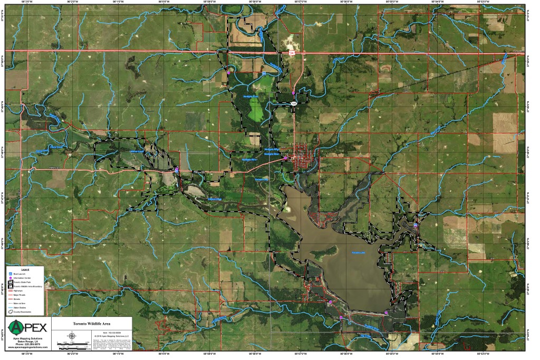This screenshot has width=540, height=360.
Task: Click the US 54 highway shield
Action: point(292,53)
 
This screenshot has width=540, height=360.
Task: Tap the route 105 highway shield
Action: point(294,104)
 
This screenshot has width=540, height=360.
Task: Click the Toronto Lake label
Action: point(359,253)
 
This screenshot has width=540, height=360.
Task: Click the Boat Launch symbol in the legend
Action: point(10,274)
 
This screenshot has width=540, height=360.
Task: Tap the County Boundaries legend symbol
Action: point(10,312)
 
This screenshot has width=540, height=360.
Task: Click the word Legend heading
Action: point(25,269)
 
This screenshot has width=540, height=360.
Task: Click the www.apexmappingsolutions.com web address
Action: point(27,347)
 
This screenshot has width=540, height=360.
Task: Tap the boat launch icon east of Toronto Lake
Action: point(416,226)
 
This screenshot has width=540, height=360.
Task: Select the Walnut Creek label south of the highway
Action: point(214,200)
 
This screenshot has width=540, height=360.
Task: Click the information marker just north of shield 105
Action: point(293,93)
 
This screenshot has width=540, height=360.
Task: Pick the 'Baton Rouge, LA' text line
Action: point(27,341)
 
